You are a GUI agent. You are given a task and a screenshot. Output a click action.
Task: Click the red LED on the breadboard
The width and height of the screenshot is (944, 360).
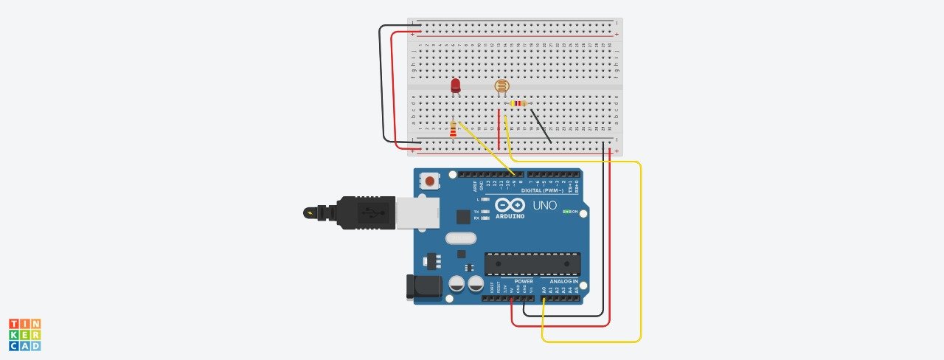[456, 86]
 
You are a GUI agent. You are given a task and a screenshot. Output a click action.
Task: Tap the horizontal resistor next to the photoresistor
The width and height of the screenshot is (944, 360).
[518, 104]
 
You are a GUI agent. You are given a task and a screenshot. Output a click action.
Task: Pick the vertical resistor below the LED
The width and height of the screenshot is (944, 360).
[453, 132]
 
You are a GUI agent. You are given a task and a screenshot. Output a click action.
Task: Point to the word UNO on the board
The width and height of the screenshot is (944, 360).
[545, 205]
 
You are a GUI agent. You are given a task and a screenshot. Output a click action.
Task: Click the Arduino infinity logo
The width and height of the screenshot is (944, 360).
[510, 205]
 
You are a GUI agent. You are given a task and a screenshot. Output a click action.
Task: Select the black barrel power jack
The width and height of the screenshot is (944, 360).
[424, 287]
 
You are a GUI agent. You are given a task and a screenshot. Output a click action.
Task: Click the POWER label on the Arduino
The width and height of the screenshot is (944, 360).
[524, 281]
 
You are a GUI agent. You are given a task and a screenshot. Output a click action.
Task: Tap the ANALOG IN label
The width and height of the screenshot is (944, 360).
[564, 281]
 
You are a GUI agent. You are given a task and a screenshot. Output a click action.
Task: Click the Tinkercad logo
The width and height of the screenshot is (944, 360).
[24, 334]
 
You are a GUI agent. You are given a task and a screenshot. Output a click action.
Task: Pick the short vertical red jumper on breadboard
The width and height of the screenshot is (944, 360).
[499, 130]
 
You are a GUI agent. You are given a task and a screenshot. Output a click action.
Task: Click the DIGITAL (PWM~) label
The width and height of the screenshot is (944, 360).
[542, 190]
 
